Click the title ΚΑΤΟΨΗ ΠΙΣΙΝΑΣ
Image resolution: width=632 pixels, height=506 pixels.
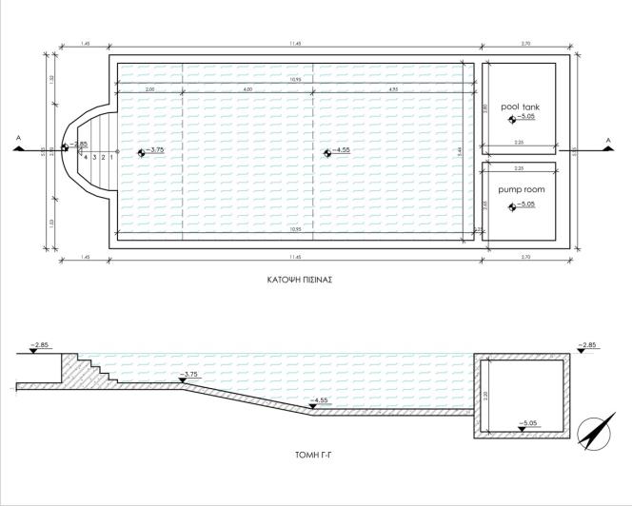pos(304,281)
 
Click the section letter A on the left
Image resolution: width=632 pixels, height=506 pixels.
pos(18,138)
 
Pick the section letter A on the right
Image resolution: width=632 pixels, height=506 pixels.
pos(606,138)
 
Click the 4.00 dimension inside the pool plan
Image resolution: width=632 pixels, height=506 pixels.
pos(247,89)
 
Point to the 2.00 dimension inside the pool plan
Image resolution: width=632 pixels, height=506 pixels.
pos(149,89)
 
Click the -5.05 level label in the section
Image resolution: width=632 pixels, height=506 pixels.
pos(526,422)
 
